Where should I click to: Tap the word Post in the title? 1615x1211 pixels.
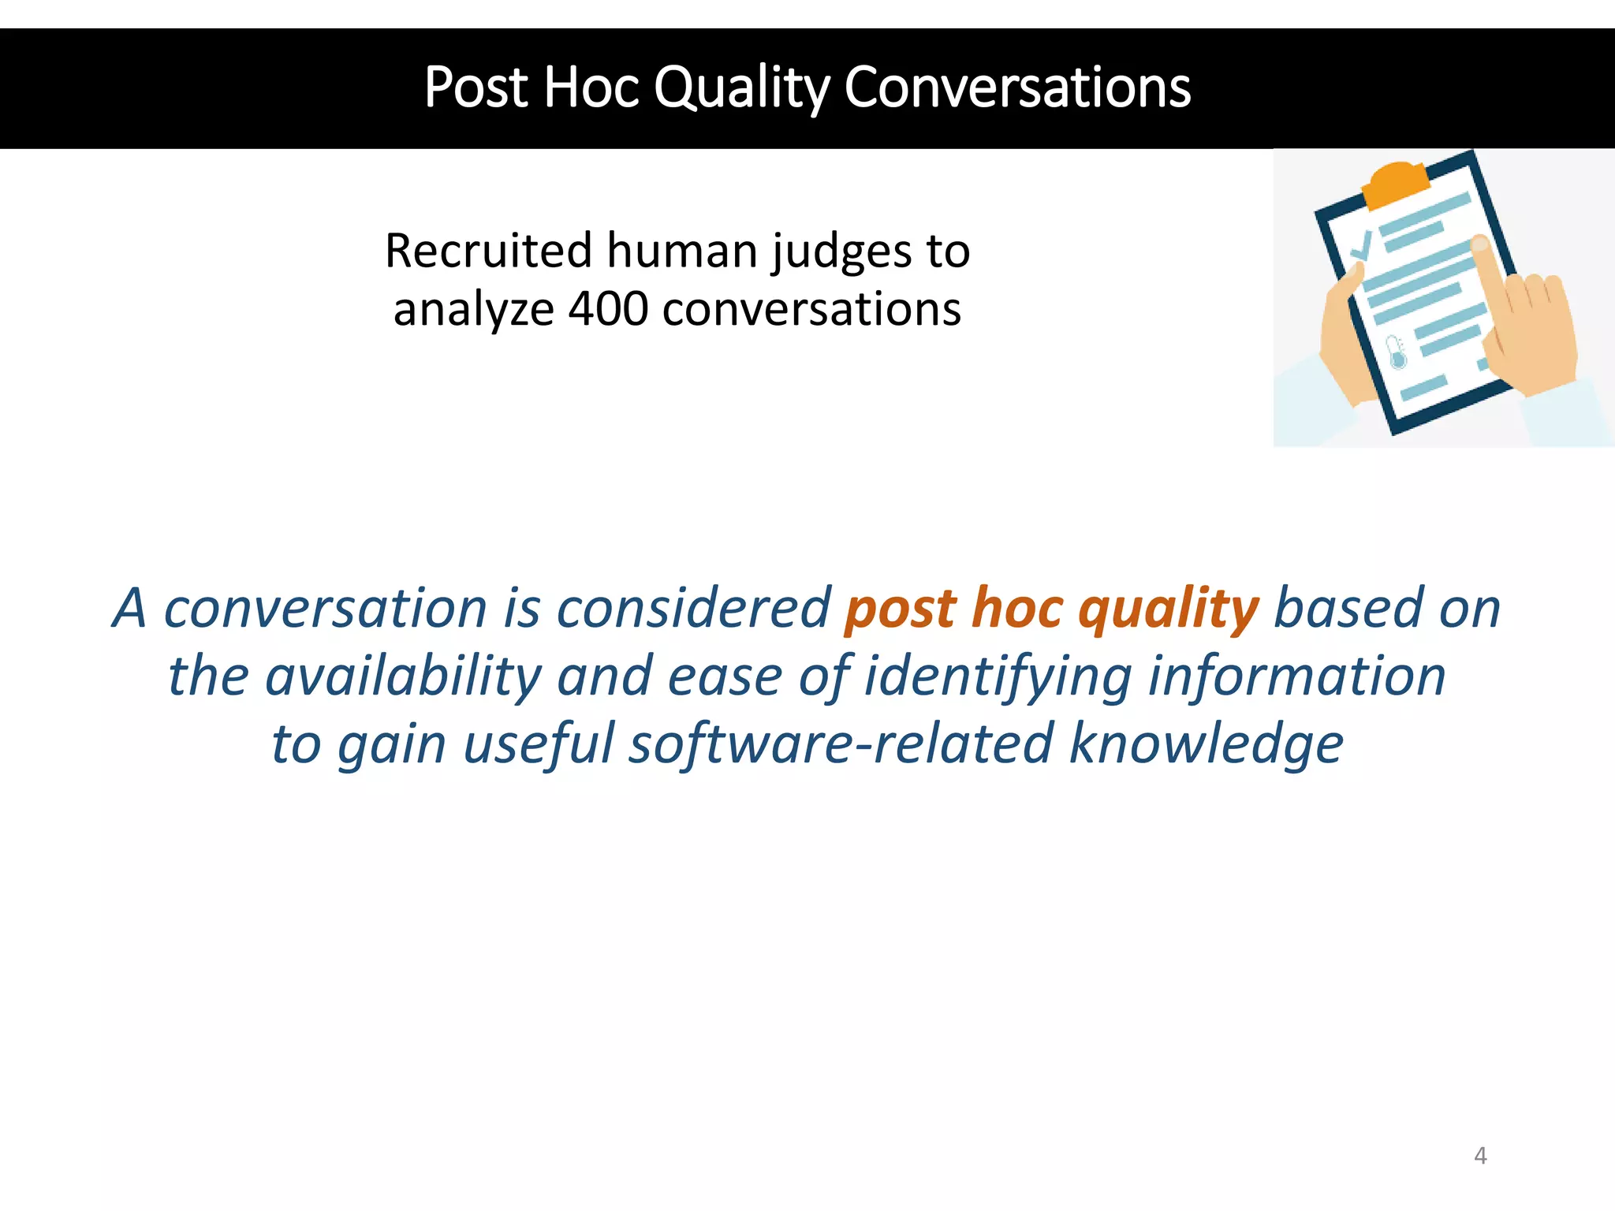point(476,88)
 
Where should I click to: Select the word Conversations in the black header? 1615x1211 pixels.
point(1016,88)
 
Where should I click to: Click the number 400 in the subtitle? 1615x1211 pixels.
point(608,309)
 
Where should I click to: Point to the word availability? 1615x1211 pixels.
point(403,677)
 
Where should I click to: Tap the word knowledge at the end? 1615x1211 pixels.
point(1206,744)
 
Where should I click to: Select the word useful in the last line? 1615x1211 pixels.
point(538,744)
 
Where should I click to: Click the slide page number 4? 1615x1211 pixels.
point(1480,1156)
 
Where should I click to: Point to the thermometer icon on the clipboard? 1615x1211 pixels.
point(1397,352)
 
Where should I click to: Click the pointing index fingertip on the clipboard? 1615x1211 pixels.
point(1480,244)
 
